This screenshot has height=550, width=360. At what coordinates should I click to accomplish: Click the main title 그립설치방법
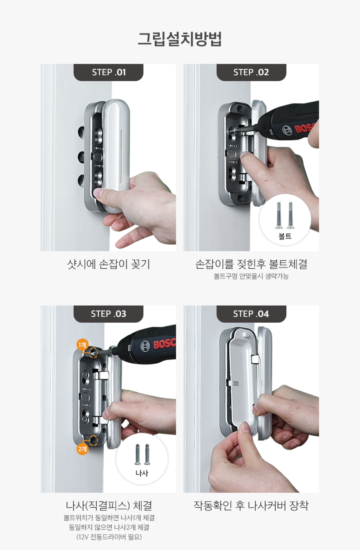coord(180,39)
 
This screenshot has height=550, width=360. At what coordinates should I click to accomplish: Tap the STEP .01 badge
coord(108,72)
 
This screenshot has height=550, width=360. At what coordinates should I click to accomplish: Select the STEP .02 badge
coord(251,72)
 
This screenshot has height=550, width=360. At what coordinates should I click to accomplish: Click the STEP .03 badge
coord(108,314)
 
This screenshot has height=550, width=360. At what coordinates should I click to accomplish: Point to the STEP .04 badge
coord(251,314)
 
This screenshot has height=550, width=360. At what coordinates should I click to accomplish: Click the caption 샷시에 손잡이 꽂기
coord(108,264)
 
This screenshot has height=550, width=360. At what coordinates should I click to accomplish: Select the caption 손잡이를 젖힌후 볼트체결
coord(251,264)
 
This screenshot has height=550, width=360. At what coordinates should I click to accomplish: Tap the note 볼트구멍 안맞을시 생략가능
coord(251,276)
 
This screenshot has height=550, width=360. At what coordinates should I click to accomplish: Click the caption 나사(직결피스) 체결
coord(108,506)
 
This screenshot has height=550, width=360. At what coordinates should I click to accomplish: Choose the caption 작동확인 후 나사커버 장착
coord(251,506)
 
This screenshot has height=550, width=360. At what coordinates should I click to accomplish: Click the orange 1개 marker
coord(82,344)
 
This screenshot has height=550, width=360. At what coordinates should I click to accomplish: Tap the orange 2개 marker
coord(82,449)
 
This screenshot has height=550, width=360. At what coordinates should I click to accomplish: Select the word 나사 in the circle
coord(142,473)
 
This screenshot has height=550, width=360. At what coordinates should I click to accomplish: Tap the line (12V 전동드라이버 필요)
coord(108,537)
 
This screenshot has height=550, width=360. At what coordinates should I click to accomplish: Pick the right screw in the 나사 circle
coord(147,454)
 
